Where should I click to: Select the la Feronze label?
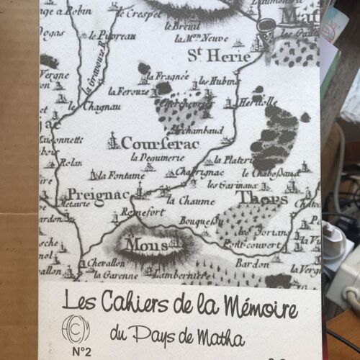[127, 91]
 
